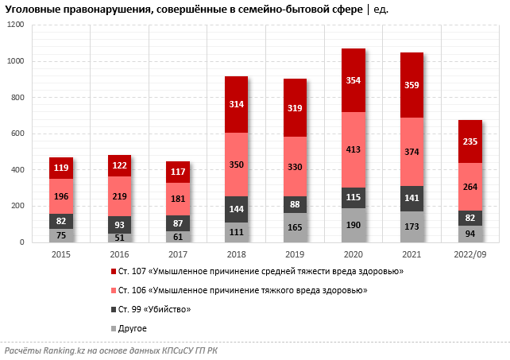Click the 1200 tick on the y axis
point(17,25)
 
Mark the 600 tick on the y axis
point(19,134)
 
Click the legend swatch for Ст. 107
point(114,272)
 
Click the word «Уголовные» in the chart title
point(31,10)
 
